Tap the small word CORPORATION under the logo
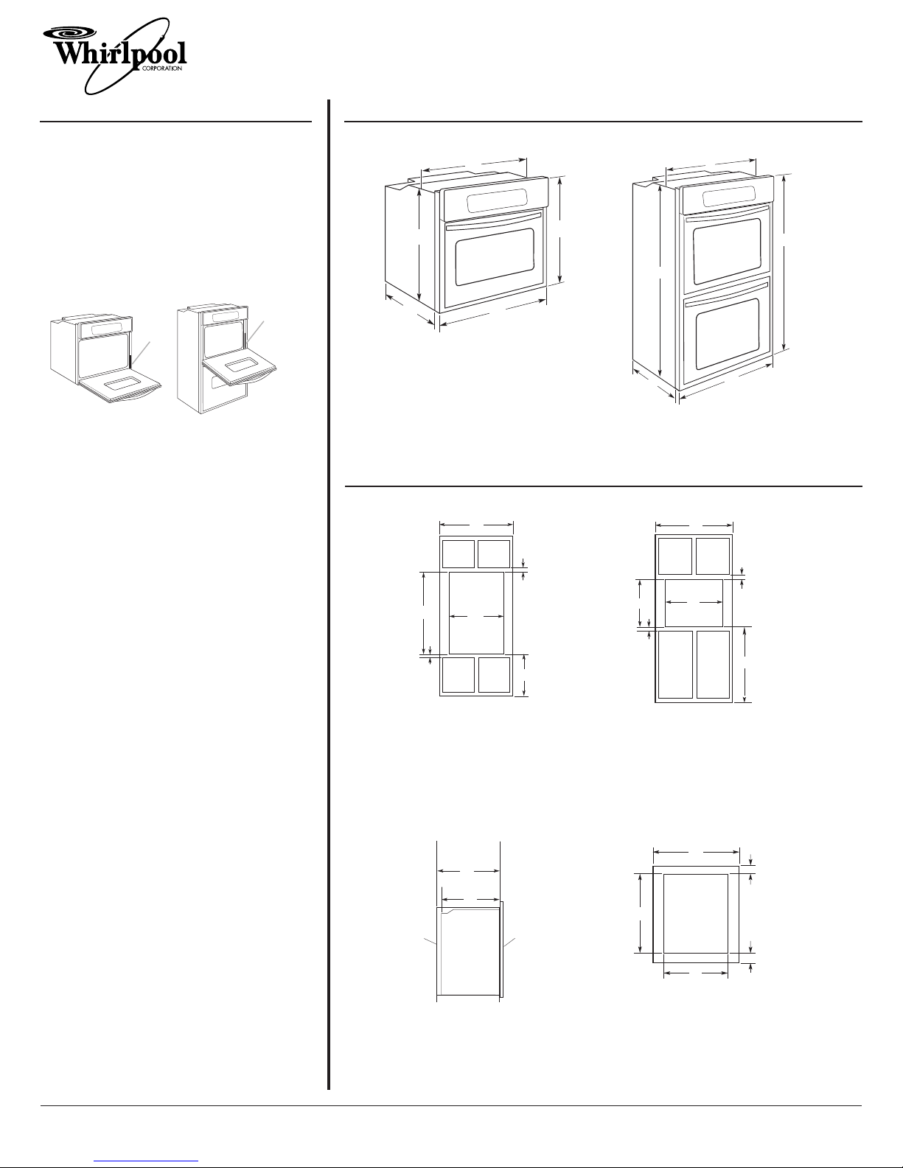click(161, 69)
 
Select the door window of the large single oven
click(495, 257)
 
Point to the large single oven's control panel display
click(495, 200)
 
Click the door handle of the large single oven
click(493, 220)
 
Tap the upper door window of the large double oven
click(727, 251)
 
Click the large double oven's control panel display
click(725, 197)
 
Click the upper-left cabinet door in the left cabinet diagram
click(459, 554)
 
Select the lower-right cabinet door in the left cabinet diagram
click(494, 674)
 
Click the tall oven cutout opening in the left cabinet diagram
click(476, 613)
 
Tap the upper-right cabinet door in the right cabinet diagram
click(713, 556)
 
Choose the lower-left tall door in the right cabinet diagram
click(675, 665)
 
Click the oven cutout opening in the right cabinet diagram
click(694, 603)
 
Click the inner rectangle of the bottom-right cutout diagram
click(696, 913)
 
